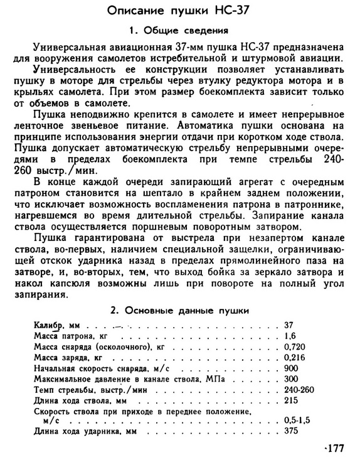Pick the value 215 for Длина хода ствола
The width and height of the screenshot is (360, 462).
click(291, 400)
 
